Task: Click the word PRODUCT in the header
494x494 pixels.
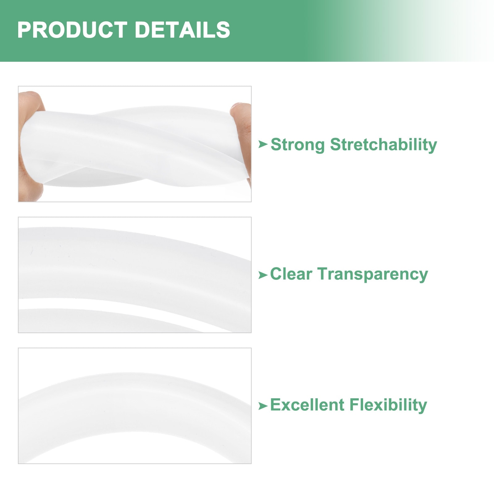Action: coord(72,30)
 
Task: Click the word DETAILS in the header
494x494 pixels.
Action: coord(182,30)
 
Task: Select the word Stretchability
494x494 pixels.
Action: coord(384,145)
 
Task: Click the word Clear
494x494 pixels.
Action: coord(291,274)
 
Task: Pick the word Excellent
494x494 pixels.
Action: coord(307,405)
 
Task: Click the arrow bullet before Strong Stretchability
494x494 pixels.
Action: coord(263,144)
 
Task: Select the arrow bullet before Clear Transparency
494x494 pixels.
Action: coord(263,275)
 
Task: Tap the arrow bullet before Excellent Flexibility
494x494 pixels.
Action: coord(263,406)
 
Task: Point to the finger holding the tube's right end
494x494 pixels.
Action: coord(242,136)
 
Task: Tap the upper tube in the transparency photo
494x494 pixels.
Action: coord(133,262)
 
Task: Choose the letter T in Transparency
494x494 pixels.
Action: coord(323,274)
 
